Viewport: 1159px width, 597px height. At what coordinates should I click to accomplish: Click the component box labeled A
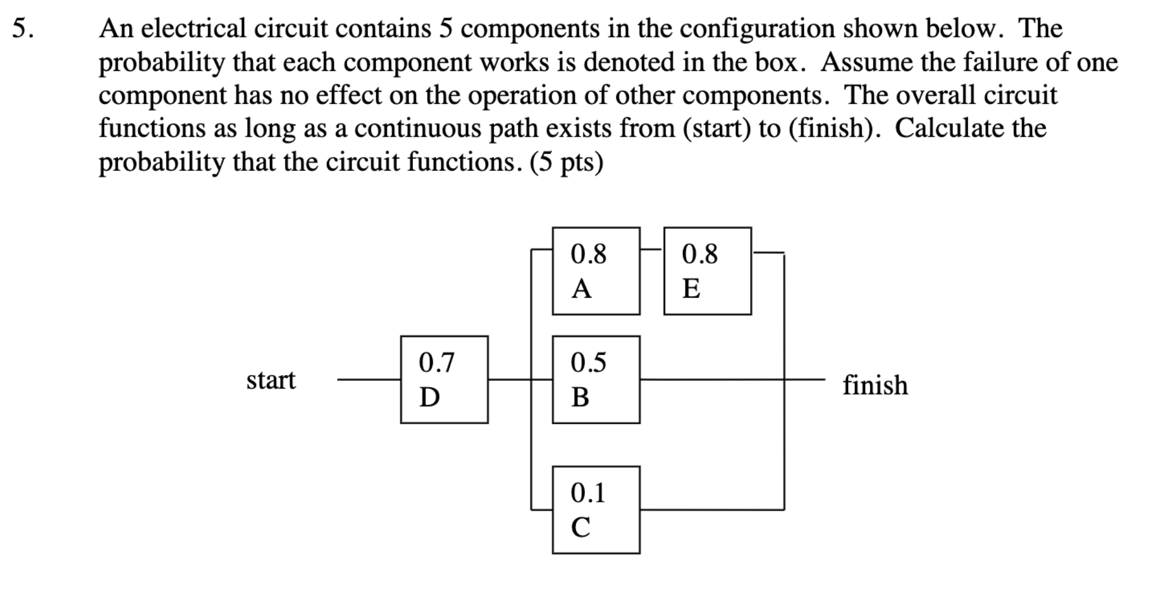coord(596,271)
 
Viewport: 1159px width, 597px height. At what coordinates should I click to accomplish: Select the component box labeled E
coord(707,271)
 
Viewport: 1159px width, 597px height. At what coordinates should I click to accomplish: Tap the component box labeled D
coord(444,380)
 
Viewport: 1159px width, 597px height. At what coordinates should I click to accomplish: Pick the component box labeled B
coord(596,380)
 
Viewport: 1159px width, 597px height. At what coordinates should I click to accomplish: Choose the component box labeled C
coord(596,510)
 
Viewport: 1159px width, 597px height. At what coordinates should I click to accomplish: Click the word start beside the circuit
coord(271,380)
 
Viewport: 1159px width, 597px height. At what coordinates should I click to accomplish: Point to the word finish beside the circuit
coord(875,385)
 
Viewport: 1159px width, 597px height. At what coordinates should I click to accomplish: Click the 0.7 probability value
coord(437,363)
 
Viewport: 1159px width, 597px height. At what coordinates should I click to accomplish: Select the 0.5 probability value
coord(589,363)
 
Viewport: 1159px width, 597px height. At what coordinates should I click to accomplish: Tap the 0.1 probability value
coord(588,493)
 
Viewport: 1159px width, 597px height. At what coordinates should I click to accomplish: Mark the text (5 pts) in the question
coord(566,162)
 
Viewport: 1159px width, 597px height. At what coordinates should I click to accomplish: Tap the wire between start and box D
coord(368,380)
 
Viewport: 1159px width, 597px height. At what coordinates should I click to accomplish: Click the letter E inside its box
coord(691,289)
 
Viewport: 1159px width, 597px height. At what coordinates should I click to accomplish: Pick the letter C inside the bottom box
coord(581,527)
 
